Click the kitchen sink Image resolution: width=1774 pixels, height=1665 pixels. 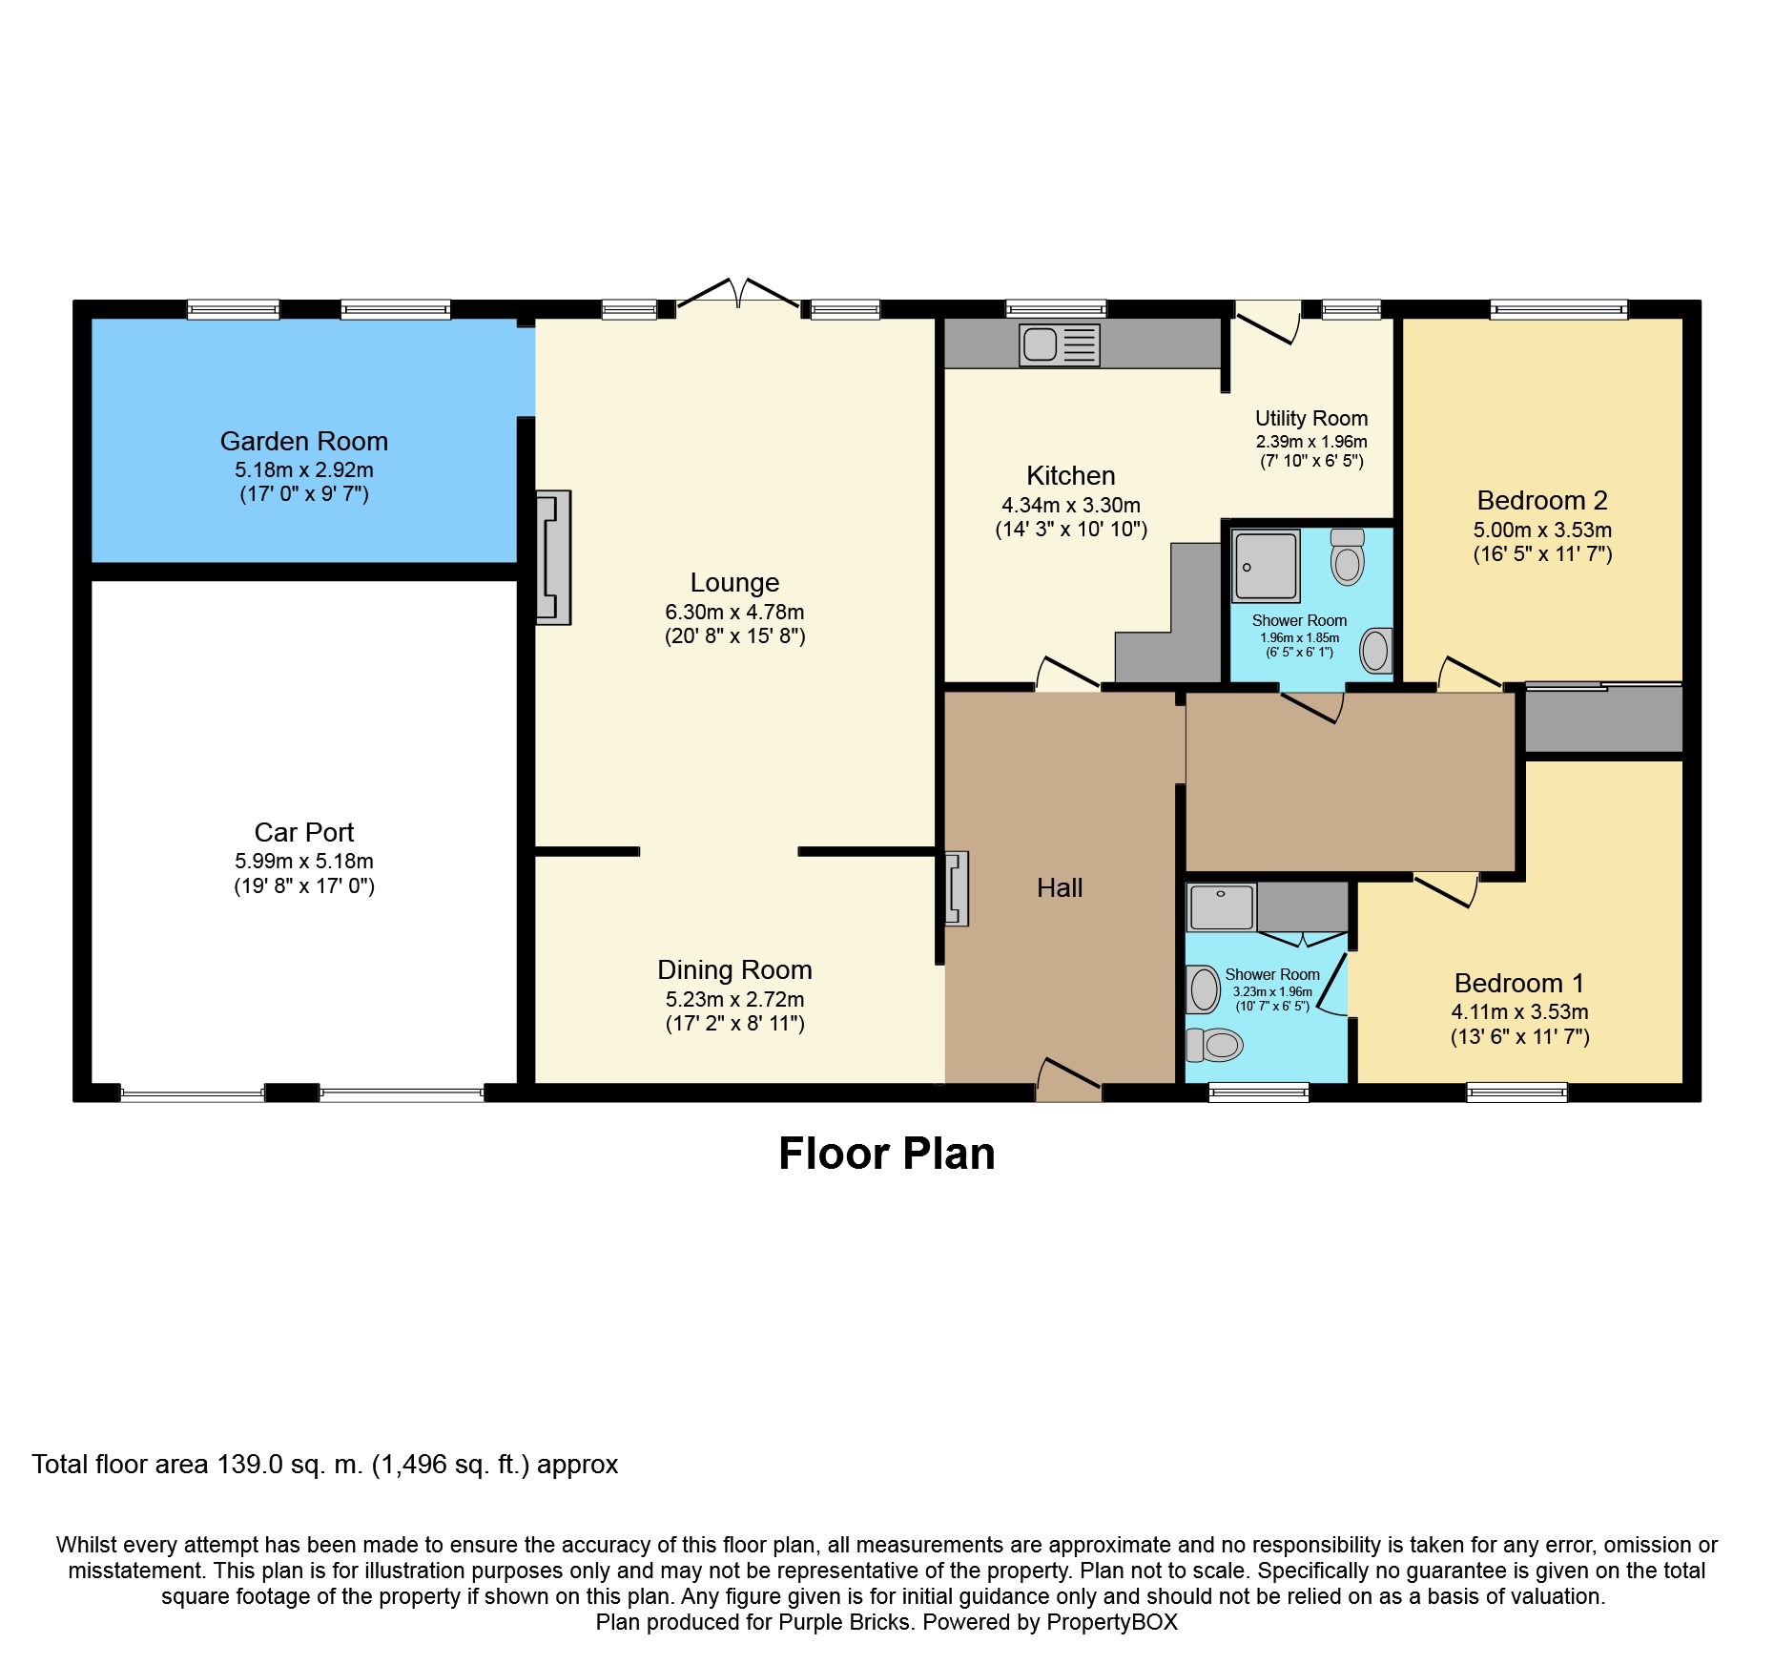pos(1060,344)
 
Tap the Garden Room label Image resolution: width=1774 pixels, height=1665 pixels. pos(304,442)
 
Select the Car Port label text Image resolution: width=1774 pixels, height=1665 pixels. pos(304,832)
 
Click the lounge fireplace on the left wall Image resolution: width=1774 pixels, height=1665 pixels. pos(553,557)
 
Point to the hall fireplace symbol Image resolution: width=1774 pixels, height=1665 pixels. pos(957,888)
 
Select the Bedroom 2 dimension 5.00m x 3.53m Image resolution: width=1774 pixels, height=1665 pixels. pos(1542,531)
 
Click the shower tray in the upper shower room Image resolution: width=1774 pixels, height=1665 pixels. pos(1266,566)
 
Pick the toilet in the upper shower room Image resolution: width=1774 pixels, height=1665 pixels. pos(1348,557)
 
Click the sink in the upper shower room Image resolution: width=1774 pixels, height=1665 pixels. pos(1376,651)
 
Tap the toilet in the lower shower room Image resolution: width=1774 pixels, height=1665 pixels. pos(1214,1045)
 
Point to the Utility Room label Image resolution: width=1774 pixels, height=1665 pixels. pos(1311,419)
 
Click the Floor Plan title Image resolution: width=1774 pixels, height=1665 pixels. pos(887,1154)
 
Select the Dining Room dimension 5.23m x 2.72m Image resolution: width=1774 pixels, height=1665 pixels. pos(734,1000)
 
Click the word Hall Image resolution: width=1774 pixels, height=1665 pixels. pos(1060,888)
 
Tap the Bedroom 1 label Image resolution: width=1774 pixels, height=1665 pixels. pos(1519,984)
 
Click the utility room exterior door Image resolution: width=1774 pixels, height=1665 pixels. pos(1268,322)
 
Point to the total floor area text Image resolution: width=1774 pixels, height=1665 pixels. pos(325,1465)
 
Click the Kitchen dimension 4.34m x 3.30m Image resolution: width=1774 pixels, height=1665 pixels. pos(1071,506)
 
